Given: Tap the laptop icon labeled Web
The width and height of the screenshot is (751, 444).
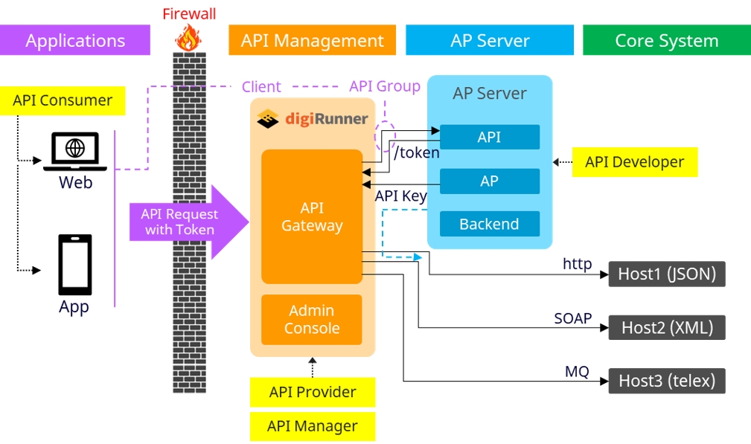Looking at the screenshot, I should coord(75,150).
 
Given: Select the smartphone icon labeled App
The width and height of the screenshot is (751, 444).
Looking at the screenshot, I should coord(75,265).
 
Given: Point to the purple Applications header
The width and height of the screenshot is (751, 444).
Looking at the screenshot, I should coord(75,40).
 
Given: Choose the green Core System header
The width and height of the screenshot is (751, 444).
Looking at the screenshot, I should coord(666,40).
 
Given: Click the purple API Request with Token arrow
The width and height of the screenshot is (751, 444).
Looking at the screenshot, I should coord(188,222).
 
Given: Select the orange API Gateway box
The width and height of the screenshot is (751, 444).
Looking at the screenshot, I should coord(312,216).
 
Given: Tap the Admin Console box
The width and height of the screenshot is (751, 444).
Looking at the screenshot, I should coord(312,320).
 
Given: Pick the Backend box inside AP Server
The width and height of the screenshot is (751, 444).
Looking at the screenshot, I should coord(489,224).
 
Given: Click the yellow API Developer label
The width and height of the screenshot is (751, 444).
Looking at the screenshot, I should coord(634,162).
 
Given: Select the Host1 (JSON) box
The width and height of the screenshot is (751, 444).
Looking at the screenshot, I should coord(666,274).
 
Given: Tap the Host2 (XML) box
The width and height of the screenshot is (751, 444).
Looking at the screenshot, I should coord(666,327).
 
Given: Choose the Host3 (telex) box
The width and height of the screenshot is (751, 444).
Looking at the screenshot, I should coord(666,382).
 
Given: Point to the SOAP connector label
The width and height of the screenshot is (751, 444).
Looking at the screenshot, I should coord(572,318).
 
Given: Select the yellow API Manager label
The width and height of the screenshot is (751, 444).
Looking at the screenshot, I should coord(312,426).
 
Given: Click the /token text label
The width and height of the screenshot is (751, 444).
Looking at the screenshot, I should coord(416,153).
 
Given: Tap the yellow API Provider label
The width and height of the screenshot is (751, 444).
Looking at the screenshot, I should coord(312,392).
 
